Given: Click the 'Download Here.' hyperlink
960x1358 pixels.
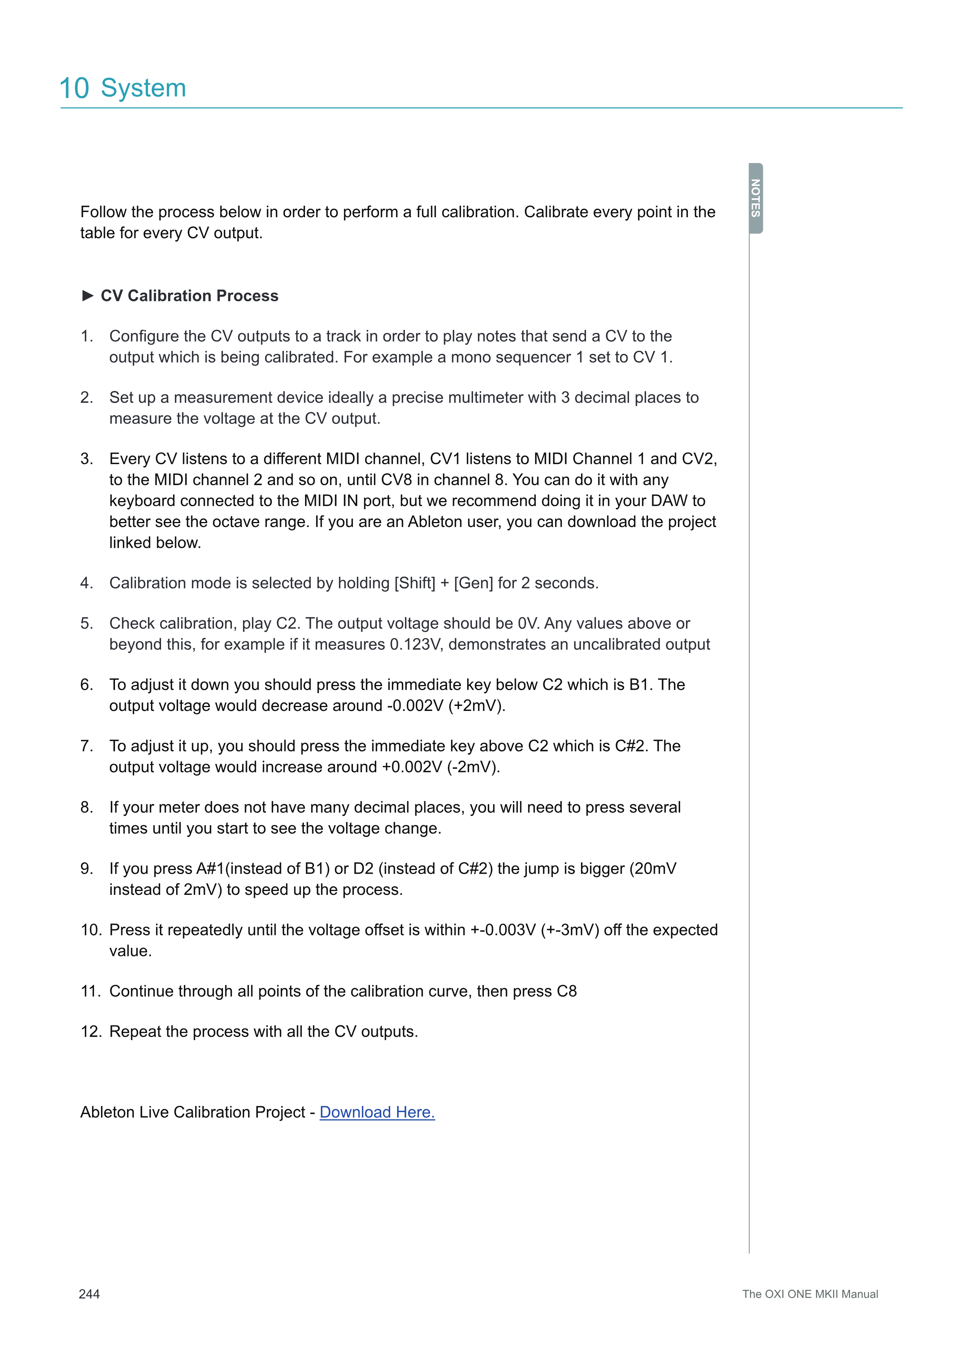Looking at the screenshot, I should pyautogui.click(x=377, y=1112).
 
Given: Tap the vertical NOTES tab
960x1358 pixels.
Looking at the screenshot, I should pyautogui.click(x=756, y=198).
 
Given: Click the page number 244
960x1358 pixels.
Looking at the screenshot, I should pyautogui.click(x=89, y=1294).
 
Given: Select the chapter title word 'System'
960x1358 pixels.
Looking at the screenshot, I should pyautogui.click(x=144, y=88).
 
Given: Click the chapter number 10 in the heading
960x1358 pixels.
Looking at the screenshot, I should pyautogui.click(x=74, y=88).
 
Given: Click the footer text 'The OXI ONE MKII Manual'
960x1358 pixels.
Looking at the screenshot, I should pyautogui.click(x=810, y=1294).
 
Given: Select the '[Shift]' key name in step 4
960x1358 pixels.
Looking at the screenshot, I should pyautogui.click(x=414, y=583).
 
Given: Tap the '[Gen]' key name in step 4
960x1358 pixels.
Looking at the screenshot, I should pyautogui.click(x=473, y=583).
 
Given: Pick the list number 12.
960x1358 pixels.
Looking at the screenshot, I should pyautogui.click(x=91, y=1032).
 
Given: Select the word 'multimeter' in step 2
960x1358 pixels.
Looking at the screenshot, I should pyautogui.click(x=486, y=397).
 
